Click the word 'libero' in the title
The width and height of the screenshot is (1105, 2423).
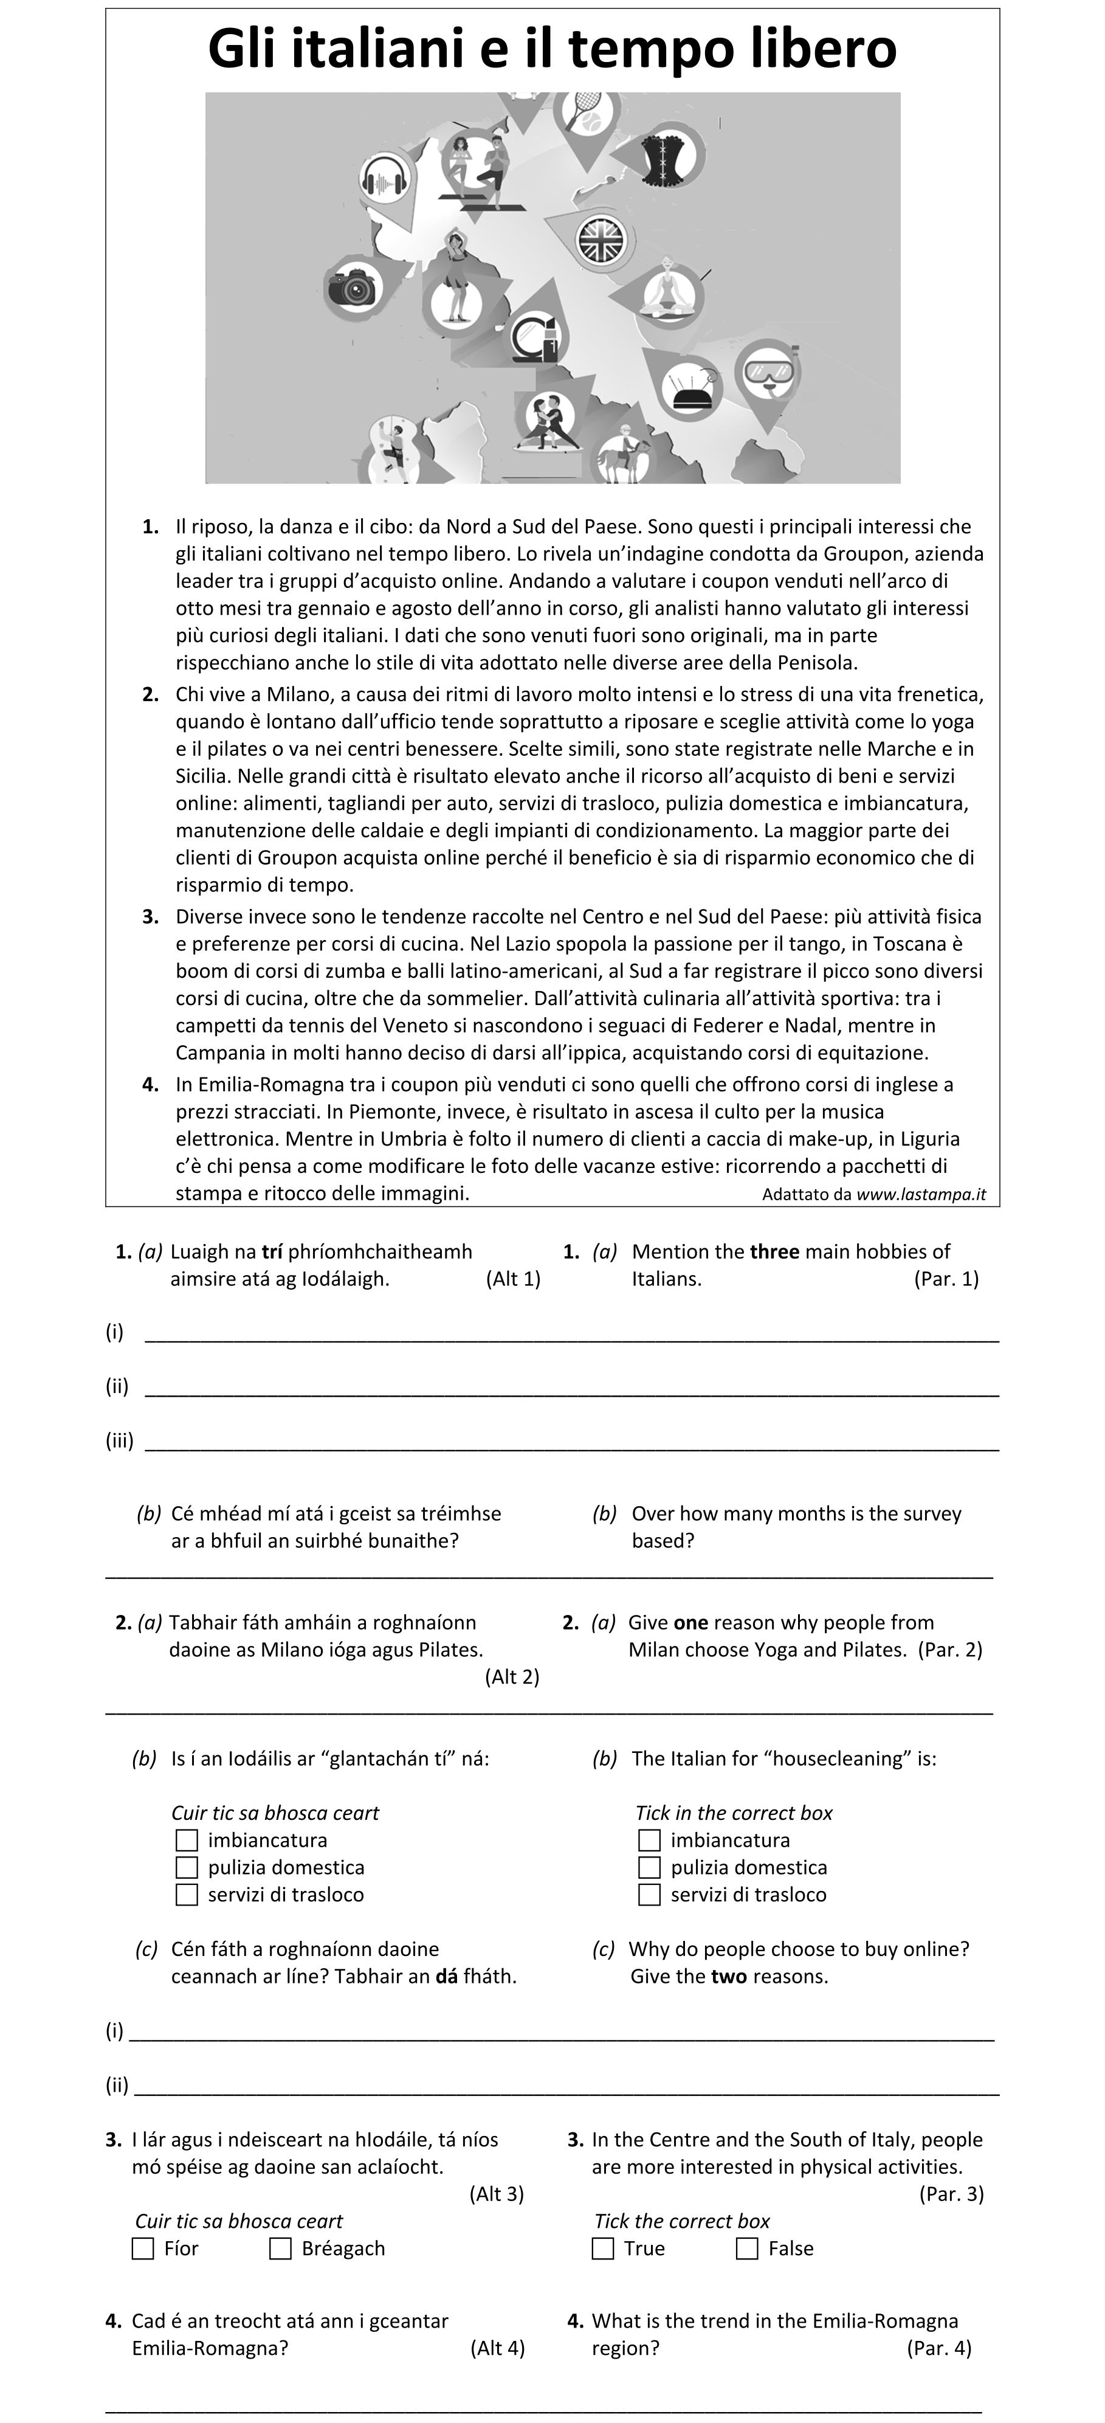point(818,49)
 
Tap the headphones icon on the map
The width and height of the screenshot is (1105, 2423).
point(384,179)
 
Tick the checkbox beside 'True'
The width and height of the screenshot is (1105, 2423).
point(603,2249)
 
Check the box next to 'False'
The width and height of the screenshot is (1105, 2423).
point(747,2249)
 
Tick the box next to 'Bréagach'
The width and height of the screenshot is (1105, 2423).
point(280,2249)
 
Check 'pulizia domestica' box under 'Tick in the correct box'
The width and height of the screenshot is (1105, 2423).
point(649,1867)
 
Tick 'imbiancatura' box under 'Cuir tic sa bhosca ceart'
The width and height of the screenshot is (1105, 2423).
point(187,1840)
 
